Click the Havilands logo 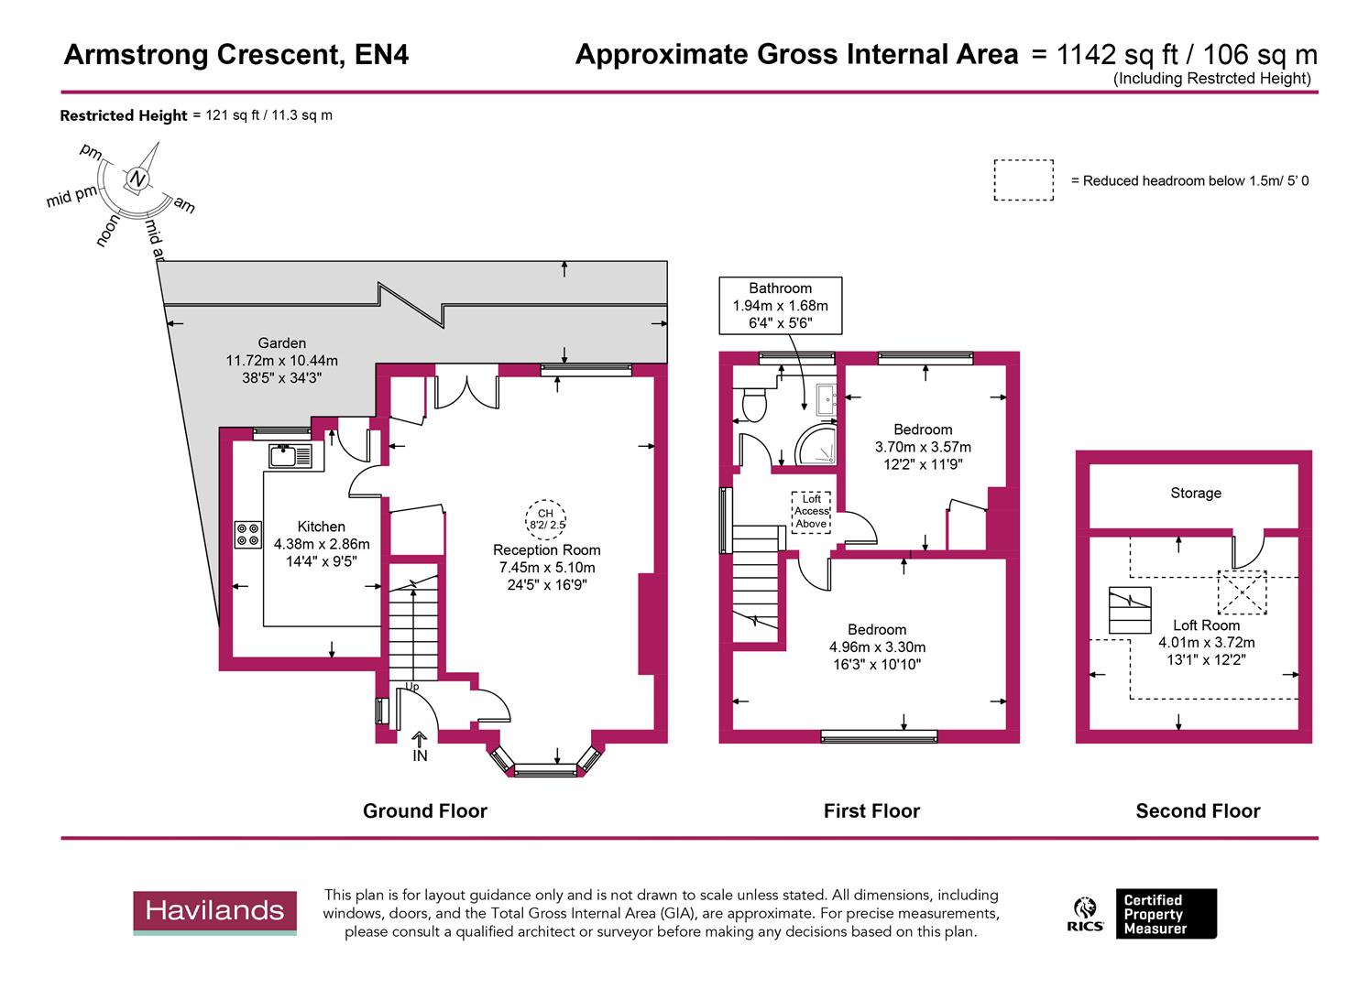(x=214, y=912)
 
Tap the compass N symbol (x=137, y=179)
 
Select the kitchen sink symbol (x=290, y=455)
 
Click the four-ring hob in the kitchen (x=248, y=534)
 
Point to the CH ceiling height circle (x=545, y=519)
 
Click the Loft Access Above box (x=811, y=512)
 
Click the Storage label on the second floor (x=1195, y=493)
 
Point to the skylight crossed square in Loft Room (x=1241, y=592)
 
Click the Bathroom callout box (x=780, y=305)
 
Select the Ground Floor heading (x=424, y=810)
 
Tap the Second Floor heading (x=1197, y=810)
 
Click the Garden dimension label (x=281, y=361)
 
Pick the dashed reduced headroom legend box (x=1023, y=180)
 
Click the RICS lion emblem (x=1085, y=913)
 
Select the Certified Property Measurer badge (x=1165, y=914)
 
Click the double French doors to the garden (x=466, y=387)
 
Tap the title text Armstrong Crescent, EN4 (x=236, y=55)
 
